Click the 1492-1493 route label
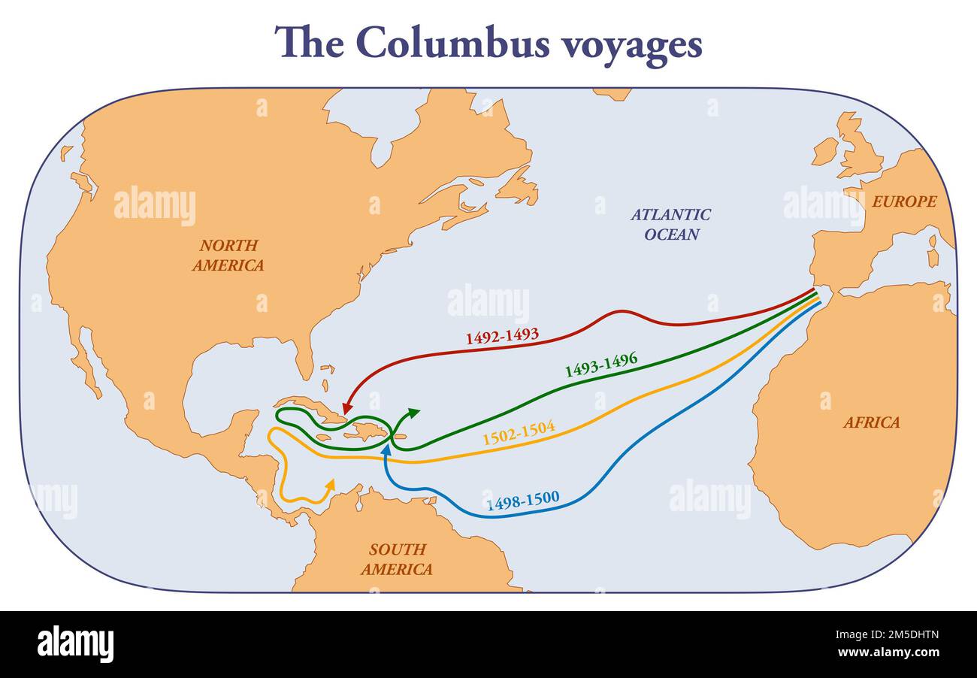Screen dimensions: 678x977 [502, 336]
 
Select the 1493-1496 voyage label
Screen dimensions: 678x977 [600, 364]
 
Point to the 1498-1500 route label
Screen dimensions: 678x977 [522, 501]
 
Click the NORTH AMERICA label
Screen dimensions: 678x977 [228, 255]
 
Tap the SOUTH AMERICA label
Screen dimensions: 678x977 [396, 558]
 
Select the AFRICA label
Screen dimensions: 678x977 [871, 422]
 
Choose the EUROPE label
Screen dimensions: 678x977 [904, 201]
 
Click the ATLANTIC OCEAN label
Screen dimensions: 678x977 [670, 224]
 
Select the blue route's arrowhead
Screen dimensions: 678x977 [386, 449]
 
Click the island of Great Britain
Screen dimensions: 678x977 [859, 148]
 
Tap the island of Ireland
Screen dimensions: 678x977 [824, 151]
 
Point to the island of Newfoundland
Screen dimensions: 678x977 [519, 187]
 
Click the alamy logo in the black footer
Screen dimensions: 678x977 [75, 644]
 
